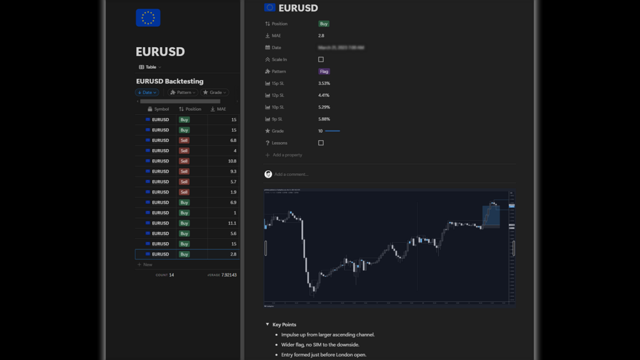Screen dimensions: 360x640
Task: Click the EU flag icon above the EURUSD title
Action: [148, 18]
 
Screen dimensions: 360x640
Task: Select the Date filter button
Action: [147, 92]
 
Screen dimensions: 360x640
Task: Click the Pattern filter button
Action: [183, 92]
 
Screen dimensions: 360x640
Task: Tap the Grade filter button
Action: [215, 92]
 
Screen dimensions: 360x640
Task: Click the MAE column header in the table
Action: [218, 109]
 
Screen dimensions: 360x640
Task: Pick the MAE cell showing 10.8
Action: [232, 161]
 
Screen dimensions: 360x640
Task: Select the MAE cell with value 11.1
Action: [232, 223]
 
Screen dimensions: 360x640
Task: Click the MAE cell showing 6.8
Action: [232, 140]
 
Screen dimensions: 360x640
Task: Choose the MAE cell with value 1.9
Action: [232, 192]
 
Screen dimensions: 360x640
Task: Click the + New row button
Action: [145, 264]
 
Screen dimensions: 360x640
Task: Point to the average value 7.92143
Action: [229, 275]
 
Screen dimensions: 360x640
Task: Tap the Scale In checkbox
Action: [321, 59]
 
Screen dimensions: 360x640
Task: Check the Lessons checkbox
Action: [321, 143]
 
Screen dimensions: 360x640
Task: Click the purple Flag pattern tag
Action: [324, 71]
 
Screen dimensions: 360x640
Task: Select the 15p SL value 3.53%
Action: [324, 83]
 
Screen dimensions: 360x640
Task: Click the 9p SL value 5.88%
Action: [324, 119]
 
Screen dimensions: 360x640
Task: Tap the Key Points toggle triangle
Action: [267, 324]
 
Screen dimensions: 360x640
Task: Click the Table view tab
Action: [150, 67]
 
